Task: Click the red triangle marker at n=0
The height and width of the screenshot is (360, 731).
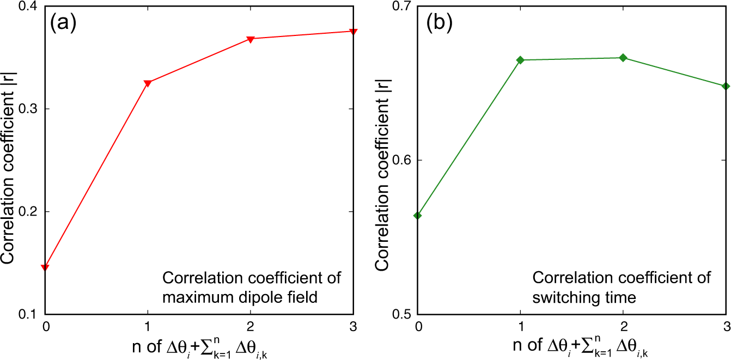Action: (45, 267)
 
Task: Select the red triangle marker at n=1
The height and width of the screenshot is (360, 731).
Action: (147, 83)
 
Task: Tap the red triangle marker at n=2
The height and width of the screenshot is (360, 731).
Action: (251, 39)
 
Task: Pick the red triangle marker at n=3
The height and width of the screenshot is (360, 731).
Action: (353, 32)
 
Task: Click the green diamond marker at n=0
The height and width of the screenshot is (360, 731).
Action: (417, 216)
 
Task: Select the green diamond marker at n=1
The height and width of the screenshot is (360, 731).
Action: (520, 60)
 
